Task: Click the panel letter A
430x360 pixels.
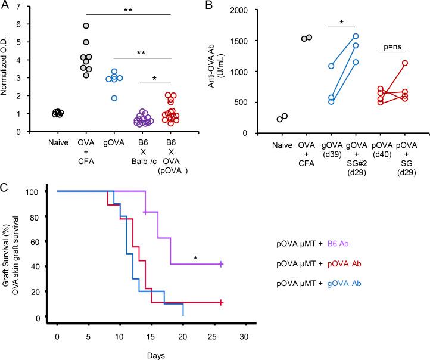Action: tap(5, 5)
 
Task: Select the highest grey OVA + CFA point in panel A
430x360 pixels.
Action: tap(86, 26)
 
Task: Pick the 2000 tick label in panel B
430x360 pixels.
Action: tap(248, 10)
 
